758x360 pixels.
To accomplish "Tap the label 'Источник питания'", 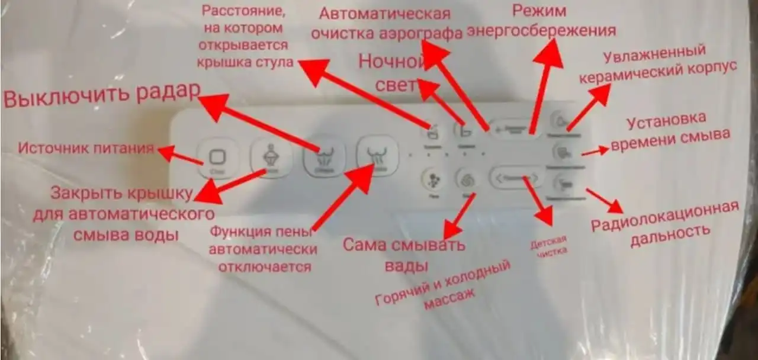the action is (86, 148).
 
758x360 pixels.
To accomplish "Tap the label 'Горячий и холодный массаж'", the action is (442, 286).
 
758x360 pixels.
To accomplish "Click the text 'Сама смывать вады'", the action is (404, 254).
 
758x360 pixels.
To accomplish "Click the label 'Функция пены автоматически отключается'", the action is (262, 249).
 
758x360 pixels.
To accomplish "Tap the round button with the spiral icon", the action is (465, 179).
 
